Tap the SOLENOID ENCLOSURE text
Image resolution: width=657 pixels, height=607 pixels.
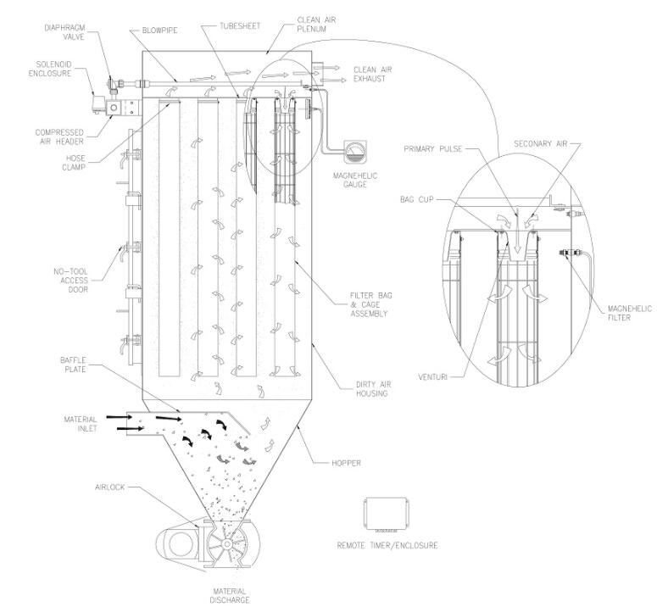click(x=58, y=69)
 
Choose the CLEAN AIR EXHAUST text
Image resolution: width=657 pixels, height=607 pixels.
click(x=365, y=75)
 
